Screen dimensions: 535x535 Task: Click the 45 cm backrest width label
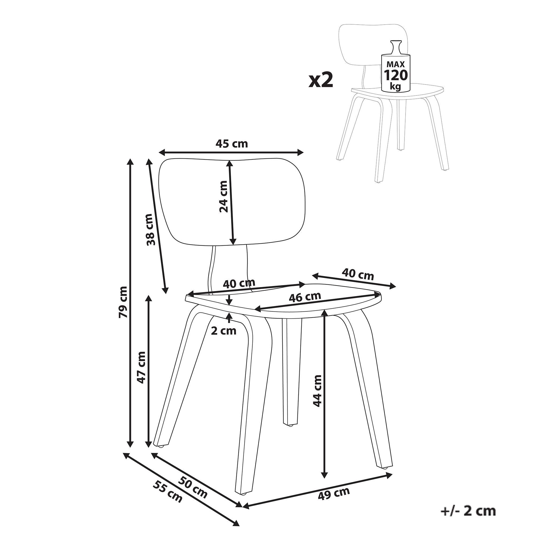pyautogui.click(x=231, y=144)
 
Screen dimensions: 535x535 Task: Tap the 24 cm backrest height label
pyautogui.click(x=223, y=197)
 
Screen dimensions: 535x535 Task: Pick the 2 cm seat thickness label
pyautogui.click(x=223, y=331)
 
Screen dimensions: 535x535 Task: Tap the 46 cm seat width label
pyautogui.click(x=305, y=297)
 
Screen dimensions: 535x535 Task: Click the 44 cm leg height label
pyautogui.click(x=317, y=391)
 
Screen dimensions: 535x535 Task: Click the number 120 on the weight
pyautogui.click(x=395, y=75)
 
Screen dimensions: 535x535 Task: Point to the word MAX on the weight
pyautogui.click(x=395, y=64)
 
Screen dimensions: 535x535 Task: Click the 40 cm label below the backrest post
pyautogui.click(x=239, y=284)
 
